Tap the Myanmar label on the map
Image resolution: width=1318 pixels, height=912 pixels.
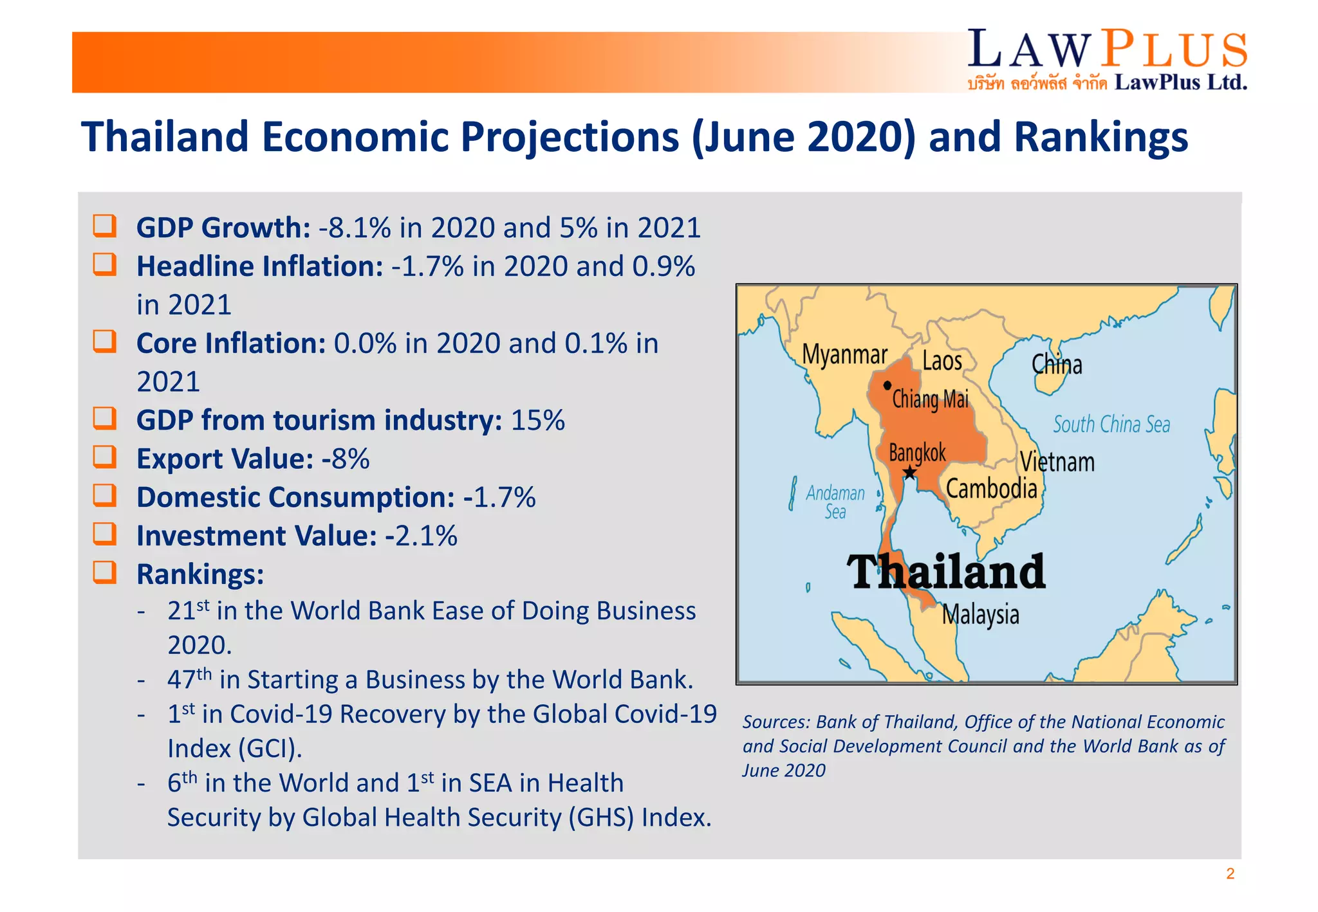pyautogui.click(x=844, y=354)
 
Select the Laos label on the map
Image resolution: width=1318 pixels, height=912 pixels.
pyautogui.click(x=942, y=361)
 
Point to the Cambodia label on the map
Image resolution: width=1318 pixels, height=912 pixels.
pyautogui.click(x=991, y=489)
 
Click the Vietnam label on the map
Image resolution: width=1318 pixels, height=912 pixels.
pyautogui.click(x=1057, y=462)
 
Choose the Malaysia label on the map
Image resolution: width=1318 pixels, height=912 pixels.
pyautogui.click(x=980, y=615)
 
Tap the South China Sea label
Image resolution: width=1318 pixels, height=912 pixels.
pyautogui.click(x=1111, y=424)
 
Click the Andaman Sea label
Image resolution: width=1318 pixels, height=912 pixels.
pyautogui.click(x=835, y=502)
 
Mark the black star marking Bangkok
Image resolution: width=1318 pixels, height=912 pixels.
pyautogui.click(x=909, y=473)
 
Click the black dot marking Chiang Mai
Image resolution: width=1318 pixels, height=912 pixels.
pyautogui.click(x=887, y=385)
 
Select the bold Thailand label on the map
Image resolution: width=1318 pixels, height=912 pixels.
pyautogui.click(x=945, y=572)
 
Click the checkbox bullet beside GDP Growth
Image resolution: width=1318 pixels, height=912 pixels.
pyautogui.click(x=105, y=226)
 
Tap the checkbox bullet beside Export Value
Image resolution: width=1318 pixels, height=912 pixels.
pyautogui.click(x=105, y=457)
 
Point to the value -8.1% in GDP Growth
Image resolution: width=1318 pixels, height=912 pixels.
pyautogui.click(x=355, y=228)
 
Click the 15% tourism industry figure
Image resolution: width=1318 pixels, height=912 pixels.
pyautogui.click(x=537, y=421)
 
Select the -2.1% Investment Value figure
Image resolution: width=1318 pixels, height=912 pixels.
pyautogui.click(x=421, y=536)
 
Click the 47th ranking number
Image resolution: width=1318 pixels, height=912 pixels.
pyautogui.click(x=189, y=679)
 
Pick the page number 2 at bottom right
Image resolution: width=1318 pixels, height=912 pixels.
pyautogui.click(x=1230, y=873)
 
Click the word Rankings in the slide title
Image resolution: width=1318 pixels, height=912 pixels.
pyautogui.click(x=1100, y=137)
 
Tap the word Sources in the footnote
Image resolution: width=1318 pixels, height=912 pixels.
pyautogui.click(x=775, y=722)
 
